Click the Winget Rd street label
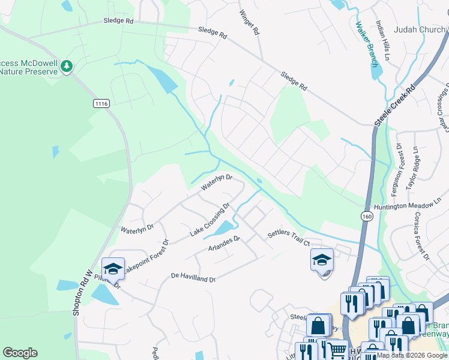pyautogui.click(x=249, y=22)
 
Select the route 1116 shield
pyautogui.click(x=101, y=104)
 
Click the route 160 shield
pyautogui.click(x=366, y=215)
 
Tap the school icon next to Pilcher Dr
pyautogui.click(x=112, y=268)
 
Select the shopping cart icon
pyautogui.click(x=337, y=349)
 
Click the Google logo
pyautogui.click(x=20, y=353)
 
